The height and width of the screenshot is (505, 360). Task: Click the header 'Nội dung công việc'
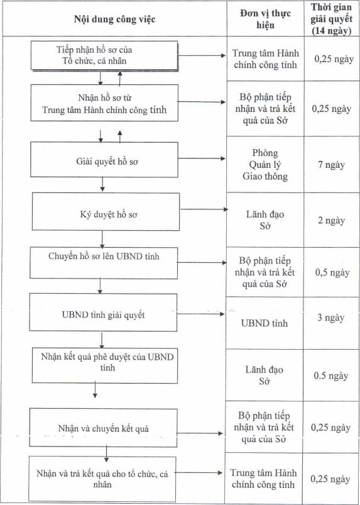click(x=115, y=19)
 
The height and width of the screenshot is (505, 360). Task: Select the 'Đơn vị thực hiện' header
click(x=265, y=19)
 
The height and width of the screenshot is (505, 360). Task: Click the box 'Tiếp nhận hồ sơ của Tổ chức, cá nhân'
click(x=104, y=55)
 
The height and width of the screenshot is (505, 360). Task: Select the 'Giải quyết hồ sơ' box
click(x=104, y=159)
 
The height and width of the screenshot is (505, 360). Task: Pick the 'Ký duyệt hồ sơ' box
click(x=106, y=211)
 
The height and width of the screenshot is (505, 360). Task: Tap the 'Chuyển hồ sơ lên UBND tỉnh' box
click(x=104, y=263)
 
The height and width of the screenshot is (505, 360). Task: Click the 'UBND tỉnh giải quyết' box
click(x=103, y=312)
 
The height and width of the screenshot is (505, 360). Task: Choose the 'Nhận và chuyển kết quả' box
click(x=103, y=428)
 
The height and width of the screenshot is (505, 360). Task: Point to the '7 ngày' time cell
click(x=331, y=165)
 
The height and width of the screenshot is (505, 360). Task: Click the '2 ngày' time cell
click(x=331, y=221)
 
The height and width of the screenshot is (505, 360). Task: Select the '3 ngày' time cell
click(x=331, y=318)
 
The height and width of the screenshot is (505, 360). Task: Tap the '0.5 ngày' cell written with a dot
click(x=331, y=376)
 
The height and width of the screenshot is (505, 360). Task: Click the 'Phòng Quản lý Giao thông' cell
click(x=265, y=164)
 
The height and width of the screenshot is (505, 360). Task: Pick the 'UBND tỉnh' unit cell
click(x=265, y=323)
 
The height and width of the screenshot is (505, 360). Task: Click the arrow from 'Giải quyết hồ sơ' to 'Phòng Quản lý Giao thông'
click(x=202, y=158)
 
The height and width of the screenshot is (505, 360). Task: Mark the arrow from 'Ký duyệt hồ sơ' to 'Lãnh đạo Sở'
click(x=204, y=209)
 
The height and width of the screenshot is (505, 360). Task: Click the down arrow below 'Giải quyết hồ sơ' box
click(x=102, y=184)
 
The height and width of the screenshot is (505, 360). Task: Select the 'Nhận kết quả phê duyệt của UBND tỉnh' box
click(x=105, y=365)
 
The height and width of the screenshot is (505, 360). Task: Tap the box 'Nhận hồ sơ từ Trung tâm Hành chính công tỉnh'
click(x=104, y=103)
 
